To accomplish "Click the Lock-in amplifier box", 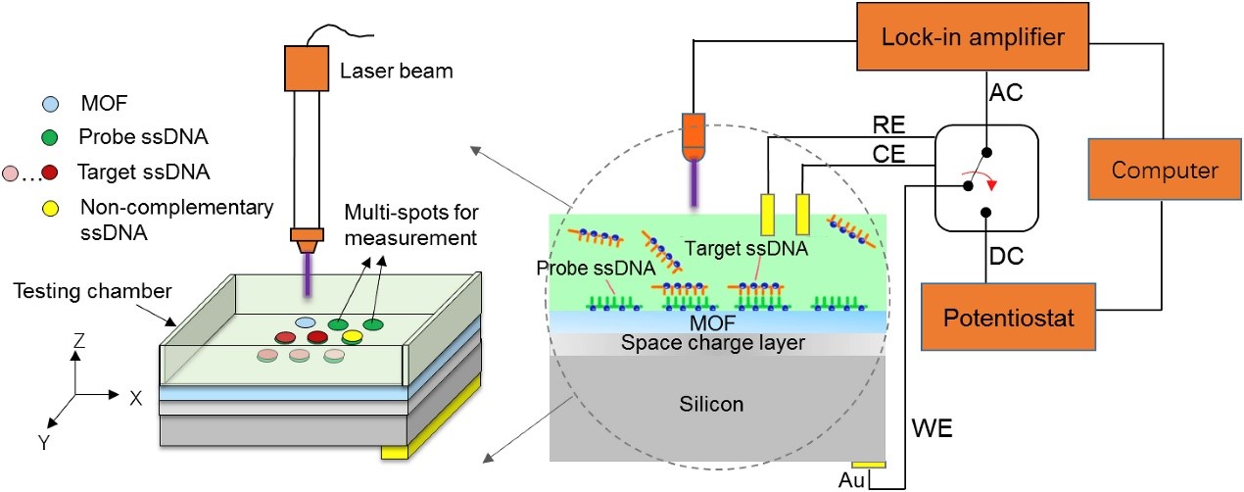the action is coord(973,36).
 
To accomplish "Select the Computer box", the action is coord(1165,170).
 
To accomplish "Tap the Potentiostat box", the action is coord(1009,317).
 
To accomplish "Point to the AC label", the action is coord(1006,92).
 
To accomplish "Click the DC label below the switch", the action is coord(1006,256).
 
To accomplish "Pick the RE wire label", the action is coord(889,125).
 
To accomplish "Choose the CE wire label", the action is coord(889,154).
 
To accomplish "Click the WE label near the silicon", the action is coord(933,428).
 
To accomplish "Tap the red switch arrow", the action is coord(981,179).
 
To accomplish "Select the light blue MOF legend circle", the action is coord(51,104).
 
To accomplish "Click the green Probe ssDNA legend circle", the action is coord(50,137).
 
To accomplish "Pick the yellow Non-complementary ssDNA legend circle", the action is coord(51,209).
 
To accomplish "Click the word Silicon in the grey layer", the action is coord(711,404).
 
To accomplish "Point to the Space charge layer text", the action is coord(712,342).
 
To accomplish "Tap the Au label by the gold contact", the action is coord(851,480).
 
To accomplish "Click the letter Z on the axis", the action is coord(79,340).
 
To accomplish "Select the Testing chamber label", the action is coord(93,291).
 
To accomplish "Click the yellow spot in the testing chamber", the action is coord(352,336).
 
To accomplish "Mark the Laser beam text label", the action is coord(397,71).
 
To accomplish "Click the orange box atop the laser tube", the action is coord(307,68).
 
